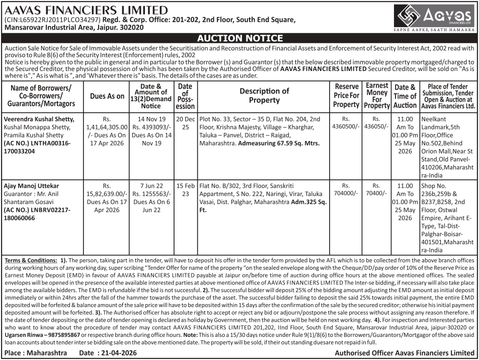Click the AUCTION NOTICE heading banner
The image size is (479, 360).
click(x=239, y=38)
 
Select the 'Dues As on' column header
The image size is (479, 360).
click(x=107, y=96)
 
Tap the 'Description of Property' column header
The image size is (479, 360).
click(x=264, y=96)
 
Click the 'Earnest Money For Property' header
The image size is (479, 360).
click(x=377, y=96)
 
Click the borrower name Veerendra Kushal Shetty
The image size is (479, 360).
click(x=39, y=119)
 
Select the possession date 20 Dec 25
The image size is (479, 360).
click(x=185, y=123)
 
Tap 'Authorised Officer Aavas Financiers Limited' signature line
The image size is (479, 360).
click(x=405, y=353)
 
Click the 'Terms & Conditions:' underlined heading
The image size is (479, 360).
click(x=31, y=260)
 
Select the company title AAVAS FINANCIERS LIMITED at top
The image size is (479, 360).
click(x=86, y=10)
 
